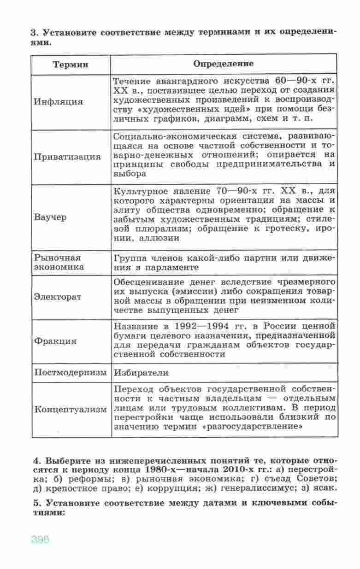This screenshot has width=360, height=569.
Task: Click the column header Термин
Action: (71, 64)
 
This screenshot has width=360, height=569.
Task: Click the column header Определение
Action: (223, 64)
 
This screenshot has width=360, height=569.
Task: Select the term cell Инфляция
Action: (58, 101)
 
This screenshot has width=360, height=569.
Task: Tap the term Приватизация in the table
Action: (67, 156)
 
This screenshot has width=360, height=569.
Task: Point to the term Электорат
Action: (58, 296)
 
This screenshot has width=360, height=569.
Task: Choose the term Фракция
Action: (55, 341)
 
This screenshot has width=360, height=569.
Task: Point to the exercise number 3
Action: (33, 33)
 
